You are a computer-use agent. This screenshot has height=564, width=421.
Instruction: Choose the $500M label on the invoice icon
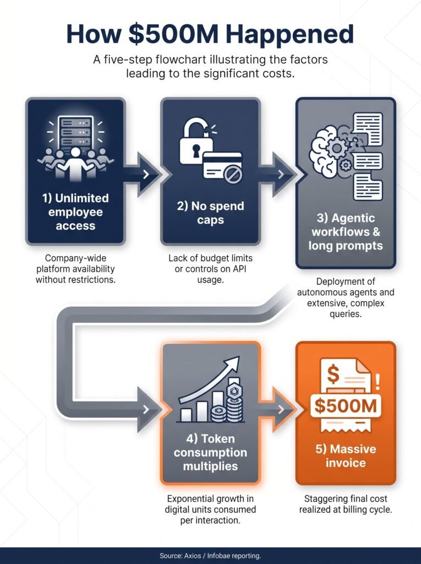click(346, 406)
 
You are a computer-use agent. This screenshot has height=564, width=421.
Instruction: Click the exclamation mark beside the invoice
click(377, 382)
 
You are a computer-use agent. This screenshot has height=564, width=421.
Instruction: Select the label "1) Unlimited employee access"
click(75, 212)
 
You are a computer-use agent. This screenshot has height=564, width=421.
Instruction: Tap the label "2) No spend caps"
click(210, 213)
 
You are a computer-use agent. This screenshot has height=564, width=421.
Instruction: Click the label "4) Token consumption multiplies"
click(210, 452)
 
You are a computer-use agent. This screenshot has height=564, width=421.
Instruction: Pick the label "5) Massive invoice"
click(346, 455)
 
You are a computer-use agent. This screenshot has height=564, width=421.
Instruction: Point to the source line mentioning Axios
click(210, 555)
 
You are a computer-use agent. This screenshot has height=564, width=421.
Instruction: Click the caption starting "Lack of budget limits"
click(210, 269)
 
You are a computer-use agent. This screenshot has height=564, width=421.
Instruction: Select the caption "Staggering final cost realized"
click(346, 504)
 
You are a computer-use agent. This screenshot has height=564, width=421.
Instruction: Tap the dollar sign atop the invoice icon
click(333, 374)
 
